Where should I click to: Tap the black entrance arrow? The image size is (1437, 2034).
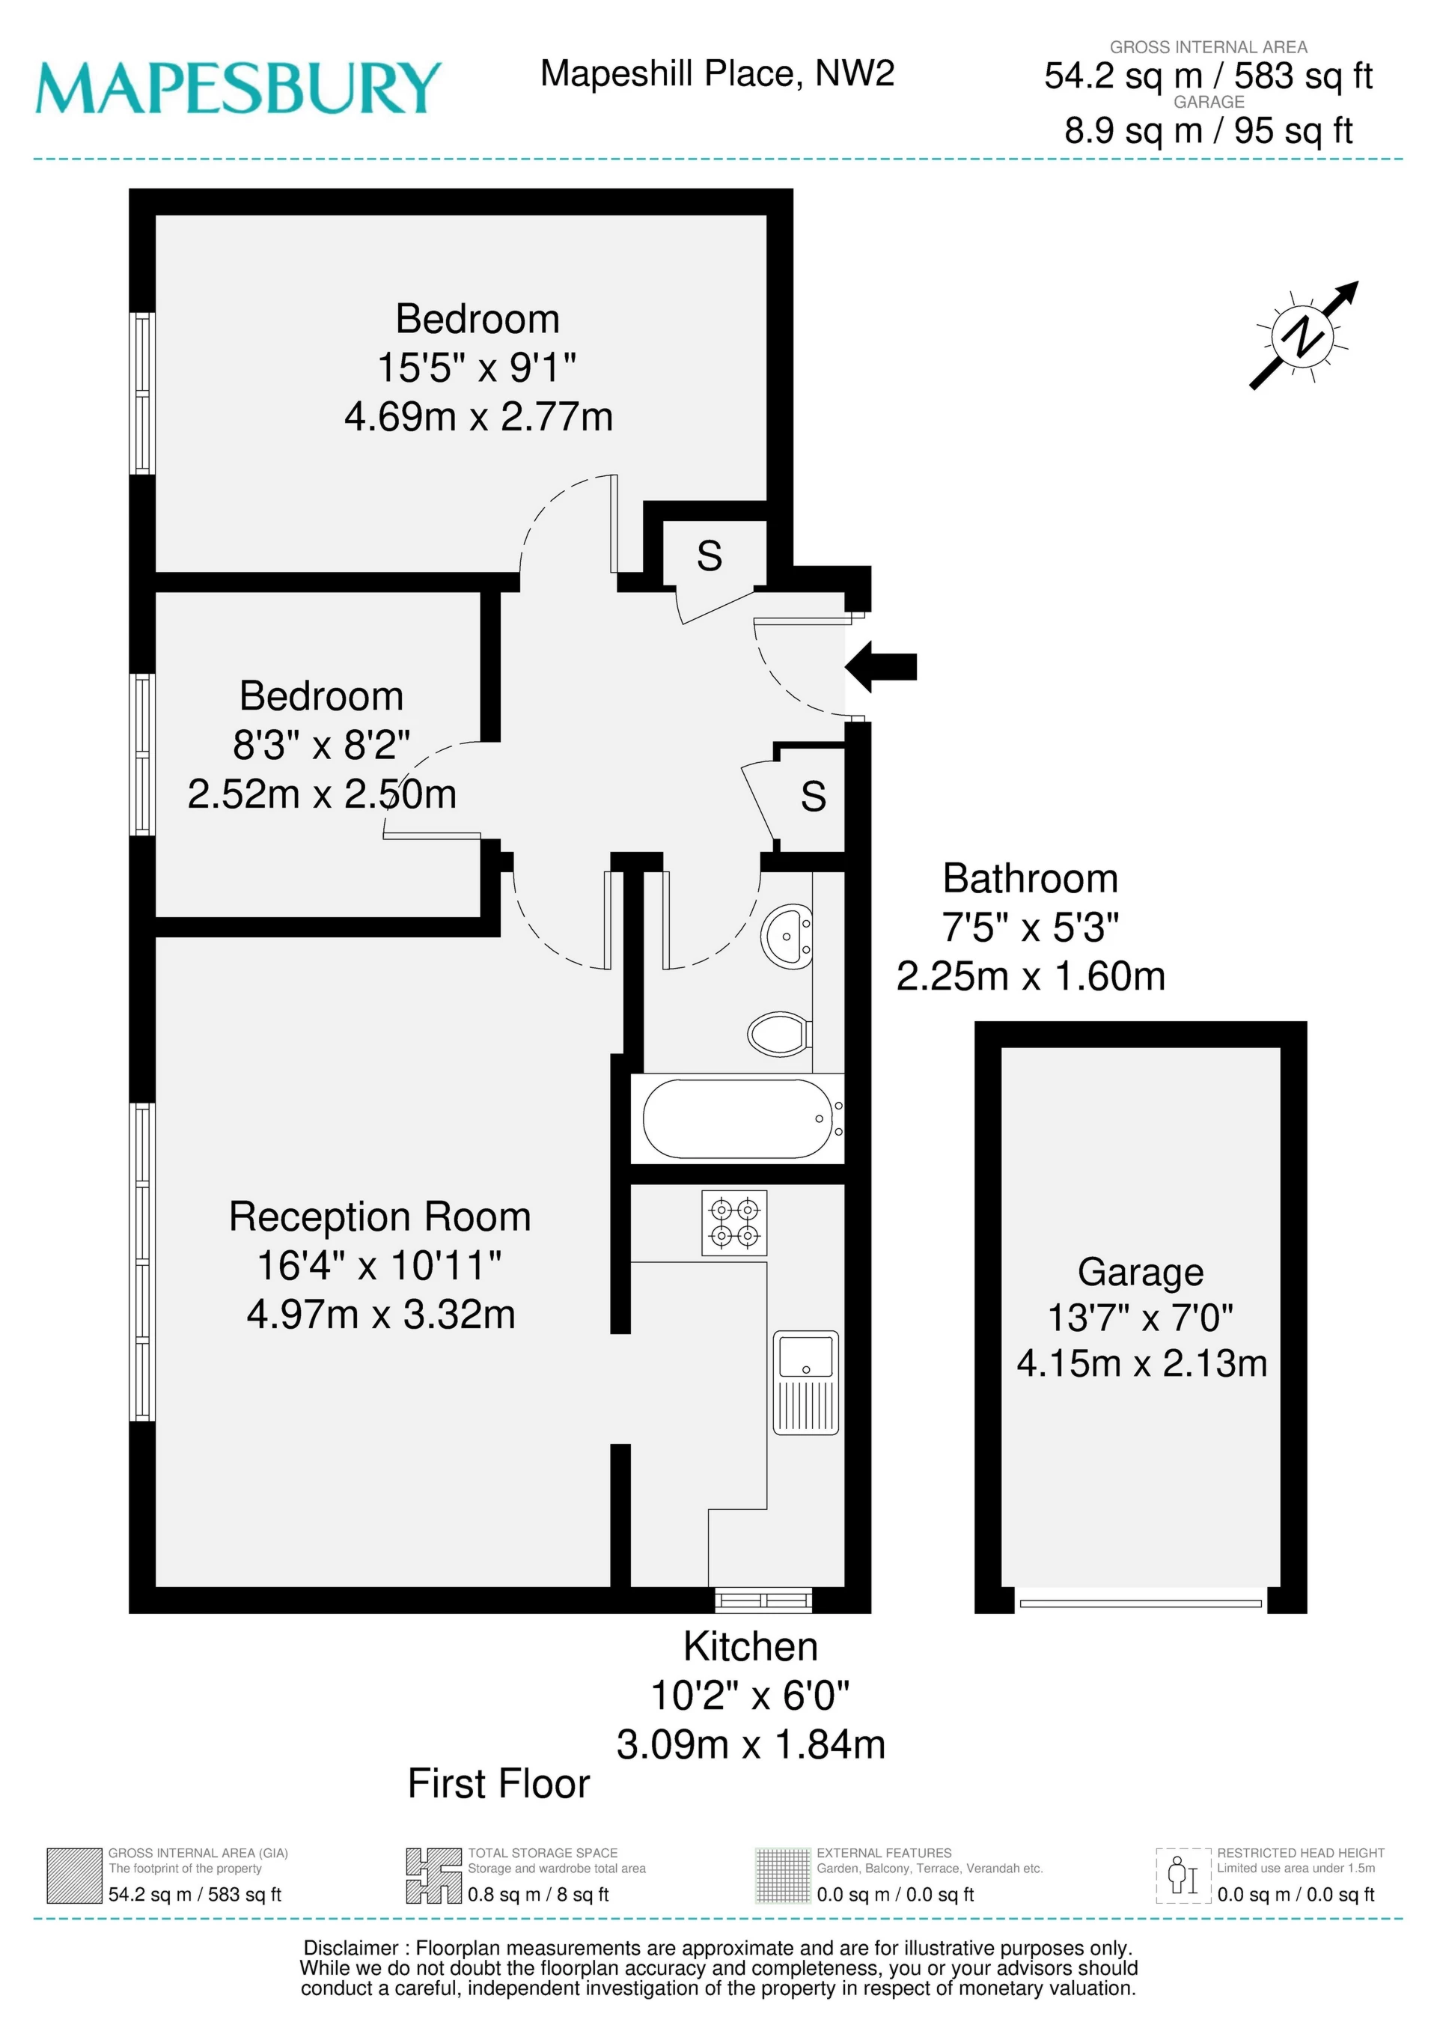click(x=881, y=666)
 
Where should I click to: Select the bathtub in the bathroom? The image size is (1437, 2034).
click(x=737, y=1119)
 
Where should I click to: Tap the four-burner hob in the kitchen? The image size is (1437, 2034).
click(x=734, y=1222)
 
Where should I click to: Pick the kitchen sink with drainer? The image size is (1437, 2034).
click(x=805, y=1382)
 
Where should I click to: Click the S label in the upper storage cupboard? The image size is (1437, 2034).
click(x=710, y=556)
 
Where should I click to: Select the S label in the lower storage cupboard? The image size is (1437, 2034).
click(x=814, y=797)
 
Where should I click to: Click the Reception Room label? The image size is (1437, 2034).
click(x=380, y=1217)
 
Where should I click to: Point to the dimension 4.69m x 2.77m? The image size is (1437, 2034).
click(x=478, y=416)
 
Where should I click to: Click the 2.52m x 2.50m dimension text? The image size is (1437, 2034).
click(x=322, y=794)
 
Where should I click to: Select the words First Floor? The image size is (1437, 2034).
click(x=498, y=1784)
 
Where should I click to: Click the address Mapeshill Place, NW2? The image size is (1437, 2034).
click(x=718, y=73)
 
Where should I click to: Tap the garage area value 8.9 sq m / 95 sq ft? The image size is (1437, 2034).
click(x=1209, y=131)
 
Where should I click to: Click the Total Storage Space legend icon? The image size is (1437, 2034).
click(x=434, y=1875)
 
